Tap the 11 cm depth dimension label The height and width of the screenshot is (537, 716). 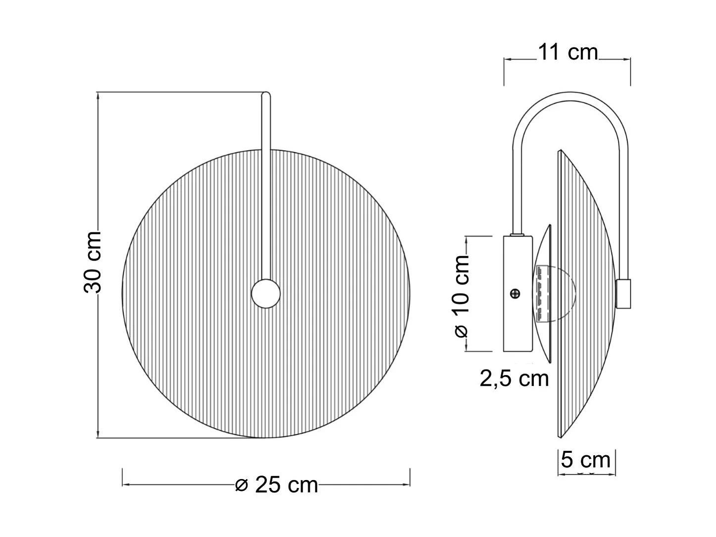pos(567,52)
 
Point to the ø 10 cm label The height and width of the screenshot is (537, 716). pos(461,296)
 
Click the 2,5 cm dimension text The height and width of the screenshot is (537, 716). pos(514,378)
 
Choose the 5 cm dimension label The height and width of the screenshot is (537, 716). pos(586,460)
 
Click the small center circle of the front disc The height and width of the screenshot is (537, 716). pos(266,294)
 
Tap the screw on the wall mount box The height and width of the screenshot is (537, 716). pos(515,294)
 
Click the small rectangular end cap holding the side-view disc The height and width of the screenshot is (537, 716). pos(623,294)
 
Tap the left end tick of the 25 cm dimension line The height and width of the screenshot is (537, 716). pos(122,478)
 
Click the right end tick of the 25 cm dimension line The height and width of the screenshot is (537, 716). pos(410,478)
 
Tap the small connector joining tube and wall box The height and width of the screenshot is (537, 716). pos(518,234)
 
